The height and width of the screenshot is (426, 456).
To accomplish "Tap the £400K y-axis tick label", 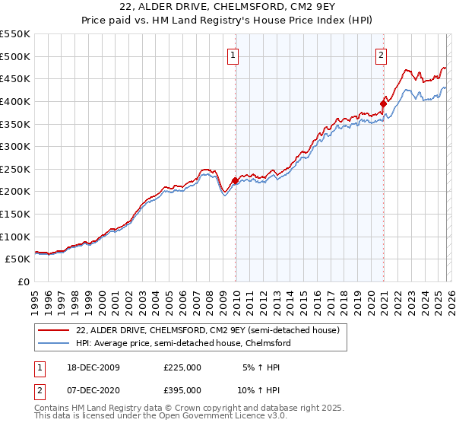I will pyautogui.click(x=15, y=101).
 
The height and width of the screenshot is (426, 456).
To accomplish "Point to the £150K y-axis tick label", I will pyautogui.click(x=15, y=214).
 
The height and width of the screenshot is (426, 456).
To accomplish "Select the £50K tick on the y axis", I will pyautogui.click(x=18, y=259).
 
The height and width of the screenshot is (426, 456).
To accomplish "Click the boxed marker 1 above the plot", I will pyautogui.click(x=232, y=55).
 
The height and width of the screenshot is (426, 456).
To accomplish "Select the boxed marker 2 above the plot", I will pyautogui.click(x=380, y=55).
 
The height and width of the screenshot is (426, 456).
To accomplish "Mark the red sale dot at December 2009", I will pyautogui.click(x=236, y=180).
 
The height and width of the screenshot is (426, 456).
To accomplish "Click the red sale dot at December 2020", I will pyautogui.click(x=383, y=104).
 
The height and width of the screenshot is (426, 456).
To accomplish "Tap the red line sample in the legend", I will pyautogui.click(x=52, y=330).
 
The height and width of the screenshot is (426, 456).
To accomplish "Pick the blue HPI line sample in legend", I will pyautogui.click(x=52, y=343).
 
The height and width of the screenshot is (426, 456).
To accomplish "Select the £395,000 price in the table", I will pyautogui.click(x=182, y=389).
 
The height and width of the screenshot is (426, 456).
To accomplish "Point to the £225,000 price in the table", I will pyautogui.click(x=182, y=367).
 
